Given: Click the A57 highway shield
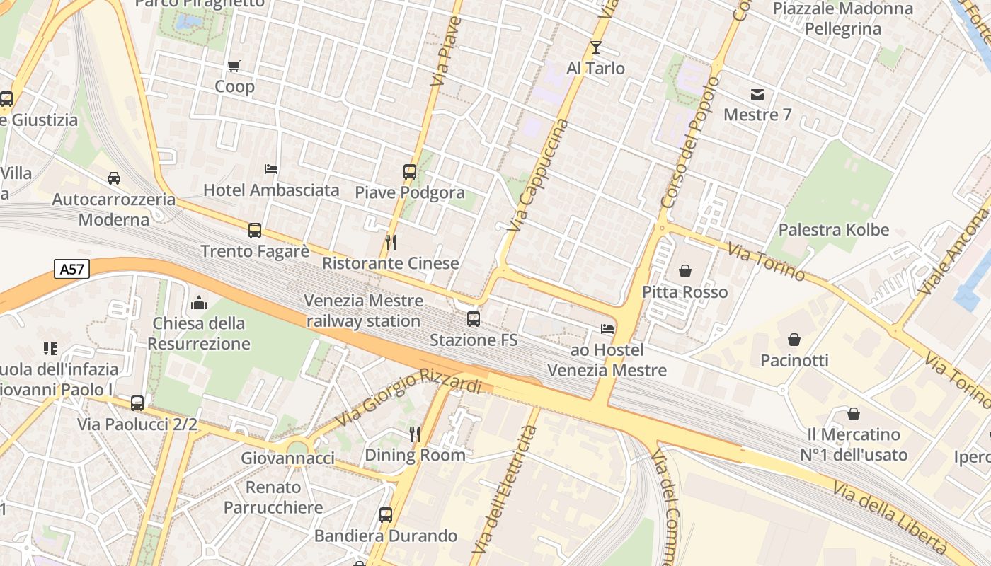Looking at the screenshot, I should click(x=71, y=269).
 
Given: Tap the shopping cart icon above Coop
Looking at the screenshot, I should click(x=234, y=67).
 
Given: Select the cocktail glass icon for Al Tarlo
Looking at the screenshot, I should click(x=595, y=47).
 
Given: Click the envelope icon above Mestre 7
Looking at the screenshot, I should click(x=757, y=94).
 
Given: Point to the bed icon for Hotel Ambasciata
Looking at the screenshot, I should click(x=271, y=169).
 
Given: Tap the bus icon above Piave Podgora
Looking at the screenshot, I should click(x=409, y=171).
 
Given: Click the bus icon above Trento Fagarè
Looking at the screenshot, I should click(x=255, y=231).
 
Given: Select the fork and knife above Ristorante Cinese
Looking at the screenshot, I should click(x=391, y=243).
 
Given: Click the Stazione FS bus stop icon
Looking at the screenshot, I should click(x=474, y=319).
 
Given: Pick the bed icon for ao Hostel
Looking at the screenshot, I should click(x=607, y=329).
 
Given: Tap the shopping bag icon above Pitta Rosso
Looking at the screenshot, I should click(x=684, y=271).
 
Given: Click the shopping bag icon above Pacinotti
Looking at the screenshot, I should click(x=794, y=340).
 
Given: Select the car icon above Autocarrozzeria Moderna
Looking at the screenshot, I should click(x=114, y=178).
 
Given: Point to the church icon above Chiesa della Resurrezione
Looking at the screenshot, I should click(x=199, y=303).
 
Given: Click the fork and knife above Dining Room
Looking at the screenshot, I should click(x=415, y=434).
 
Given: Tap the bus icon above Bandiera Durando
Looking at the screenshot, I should click(x=386, y=514).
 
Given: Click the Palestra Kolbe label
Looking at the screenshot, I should click(x=833, y=230).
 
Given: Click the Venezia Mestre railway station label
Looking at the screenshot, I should click(x=363, y=311).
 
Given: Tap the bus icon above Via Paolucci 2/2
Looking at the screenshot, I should click(x=137, y=403).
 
